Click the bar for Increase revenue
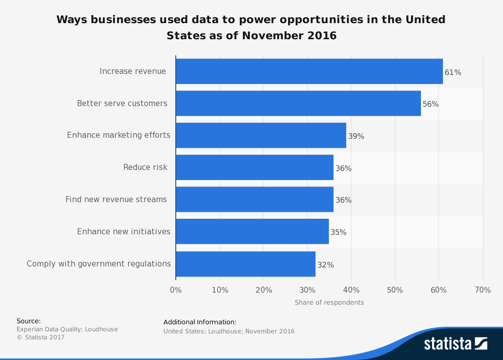(x=309, y=71)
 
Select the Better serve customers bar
(x=298, y=104)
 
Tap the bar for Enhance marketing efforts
(x=261, y=135)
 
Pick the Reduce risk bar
(x=254, y=167)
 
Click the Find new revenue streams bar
(x=254, y=200)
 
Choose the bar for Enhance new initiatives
(x=252, y=232)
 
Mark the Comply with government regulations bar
(x=245, y=264)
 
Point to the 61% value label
(x=453, y=72)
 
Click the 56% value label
(x=431, y=104)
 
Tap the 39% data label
(x=356, y=136)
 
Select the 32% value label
(x=325, y=265)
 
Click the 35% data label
(x=339, y=232)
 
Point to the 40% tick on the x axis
(x=351, y=290)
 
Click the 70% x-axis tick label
(x=483, y=290)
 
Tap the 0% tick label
(x=176, y=290)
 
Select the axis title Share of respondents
(x=329, y=303)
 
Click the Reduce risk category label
(x=145, y=167)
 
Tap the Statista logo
(x=455, y=343)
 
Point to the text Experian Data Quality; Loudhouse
(x=67, y=329)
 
